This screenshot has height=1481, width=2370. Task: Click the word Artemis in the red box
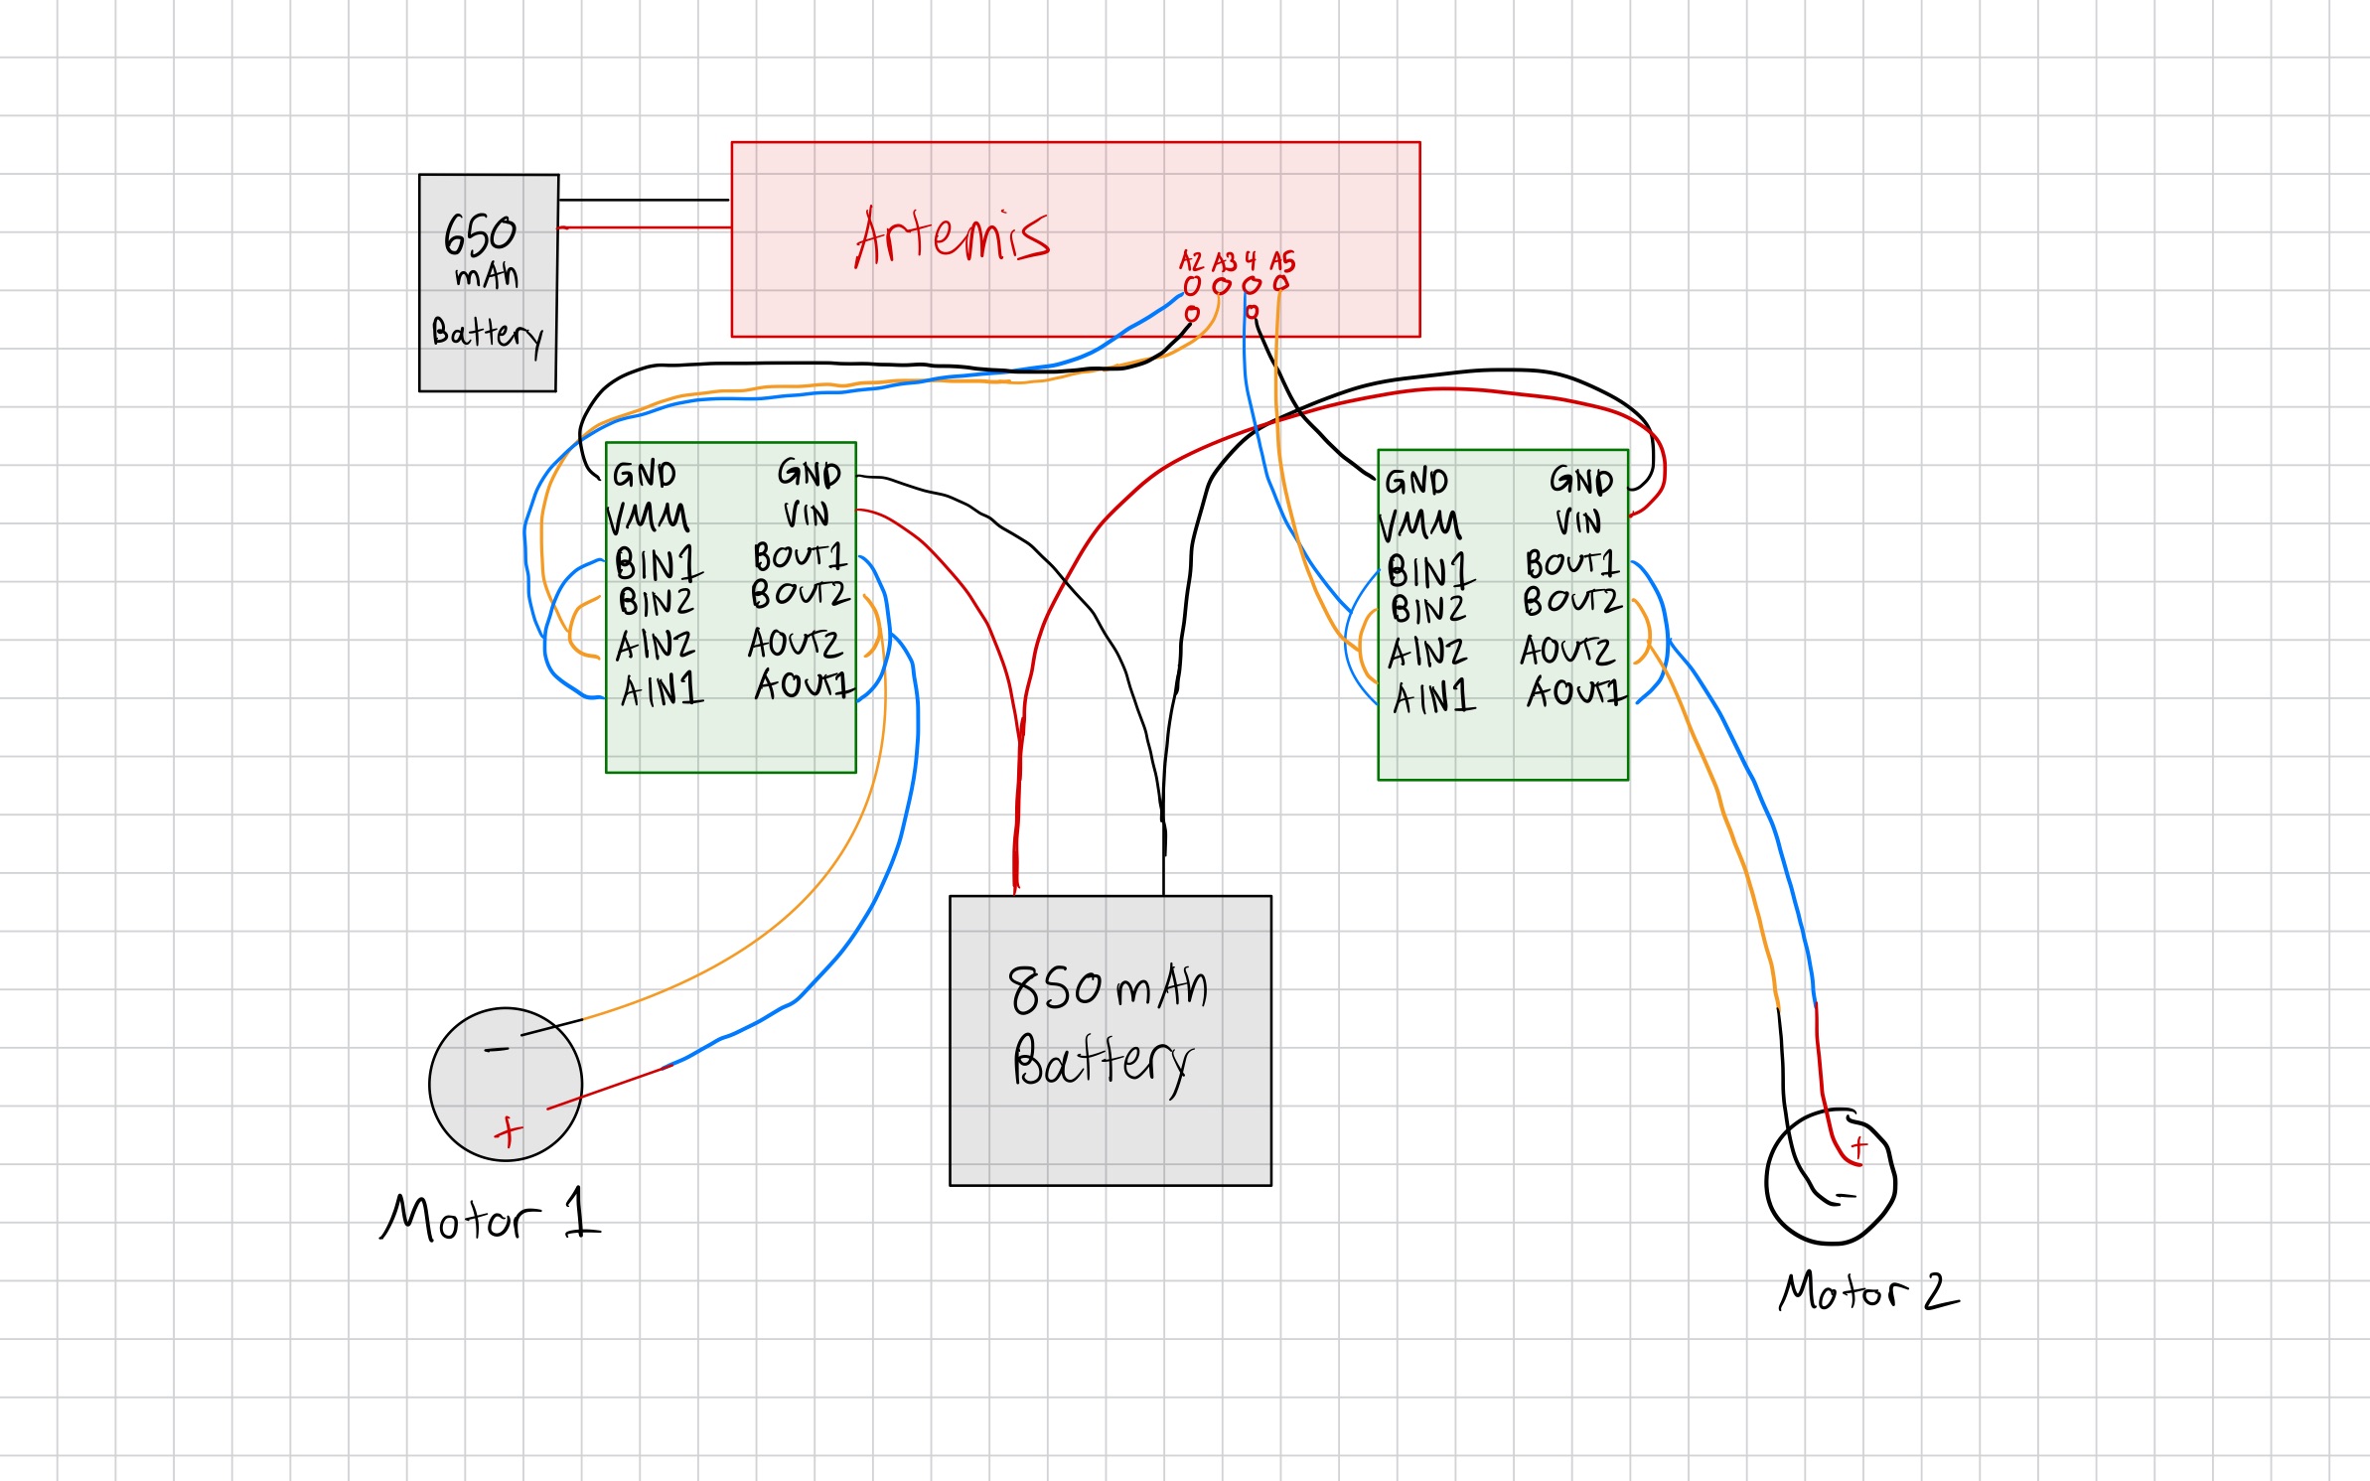[951, 236]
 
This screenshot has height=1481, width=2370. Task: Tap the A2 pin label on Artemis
[1190, 261]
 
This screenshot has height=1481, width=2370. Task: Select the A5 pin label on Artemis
[1282, 261]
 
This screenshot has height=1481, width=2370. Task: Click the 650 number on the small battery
[480, 235]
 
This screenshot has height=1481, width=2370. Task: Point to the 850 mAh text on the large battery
[1107, 988]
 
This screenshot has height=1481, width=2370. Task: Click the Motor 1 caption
[490, 1217]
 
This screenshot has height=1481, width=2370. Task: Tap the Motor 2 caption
[1867, 1291]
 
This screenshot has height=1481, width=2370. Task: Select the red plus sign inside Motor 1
[509, 1131]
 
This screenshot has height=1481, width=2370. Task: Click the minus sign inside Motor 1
[497, 1049]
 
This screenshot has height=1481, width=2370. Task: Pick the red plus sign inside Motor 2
[1858, 1147]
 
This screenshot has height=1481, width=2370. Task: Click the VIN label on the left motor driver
[806, 515]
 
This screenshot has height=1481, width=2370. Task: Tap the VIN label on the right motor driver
[1578, 522]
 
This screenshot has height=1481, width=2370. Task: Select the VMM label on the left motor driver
[648, 518]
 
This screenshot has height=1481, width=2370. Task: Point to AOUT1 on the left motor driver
[803, 684]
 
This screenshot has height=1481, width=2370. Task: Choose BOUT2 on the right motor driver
[1571, 601]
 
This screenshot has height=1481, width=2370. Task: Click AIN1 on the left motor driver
[662, 689]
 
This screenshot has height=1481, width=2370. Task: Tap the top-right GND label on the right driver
[1580, 482]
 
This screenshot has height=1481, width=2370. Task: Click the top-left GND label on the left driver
[644, 474]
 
